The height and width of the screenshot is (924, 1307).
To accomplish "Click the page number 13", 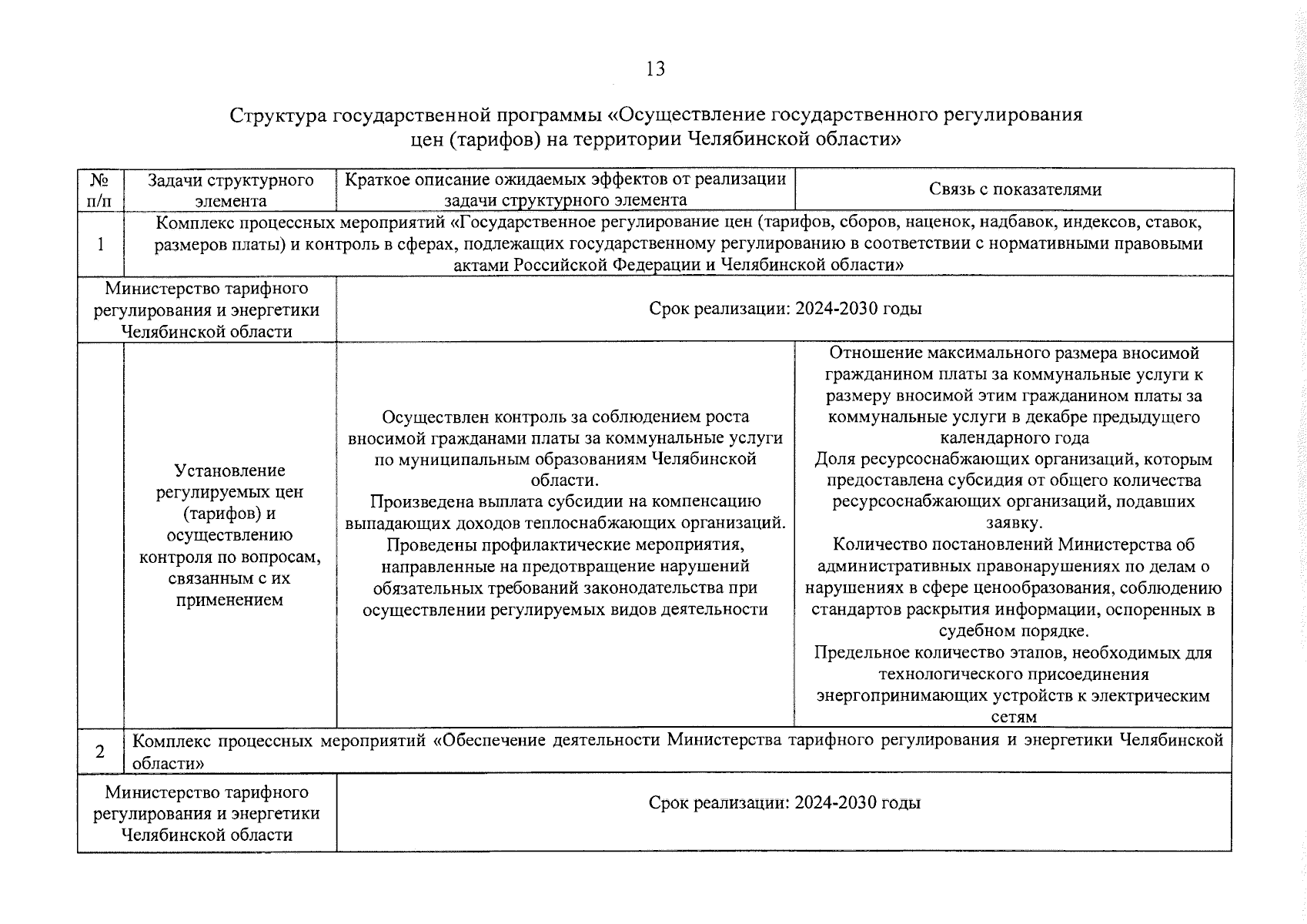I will point(655,69).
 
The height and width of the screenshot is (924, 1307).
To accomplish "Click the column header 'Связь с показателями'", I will point(1015,189).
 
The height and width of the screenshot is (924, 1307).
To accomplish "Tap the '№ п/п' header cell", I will point(99,190).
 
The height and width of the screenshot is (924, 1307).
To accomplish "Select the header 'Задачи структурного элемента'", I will point(230,190).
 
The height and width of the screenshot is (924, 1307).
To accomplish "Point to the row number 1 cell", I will point(100,244).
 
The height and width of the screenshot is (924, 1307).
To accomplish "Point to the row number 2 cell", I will point(100,751).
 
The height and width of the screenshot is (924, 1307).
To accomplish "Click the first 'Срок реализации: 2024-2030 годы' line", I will point(785,309).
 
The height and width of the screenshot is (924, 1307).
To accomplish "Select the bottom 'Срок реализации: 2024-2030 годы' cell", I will point(784,803).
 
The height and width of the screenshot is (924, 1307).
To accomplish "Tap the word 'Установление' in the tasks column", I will point(229,470).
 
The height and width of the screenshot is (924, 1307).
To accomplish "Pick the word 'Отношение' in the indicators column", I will point(867,353).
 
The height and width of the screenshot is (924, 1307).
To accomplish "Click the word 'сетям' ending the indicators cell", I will point(1014,717).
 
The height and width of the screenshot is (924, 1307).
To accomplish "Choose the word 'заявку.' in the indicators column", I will point(1014,523).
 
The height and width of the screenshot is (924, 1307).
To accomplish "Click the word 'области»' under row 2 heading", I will point(168,763).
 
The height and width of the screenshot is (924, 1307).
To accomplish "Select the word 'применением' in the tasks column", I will point(229,600).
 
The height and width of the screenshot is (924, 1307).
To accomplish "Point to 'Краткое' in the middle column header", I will point(376,180).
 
